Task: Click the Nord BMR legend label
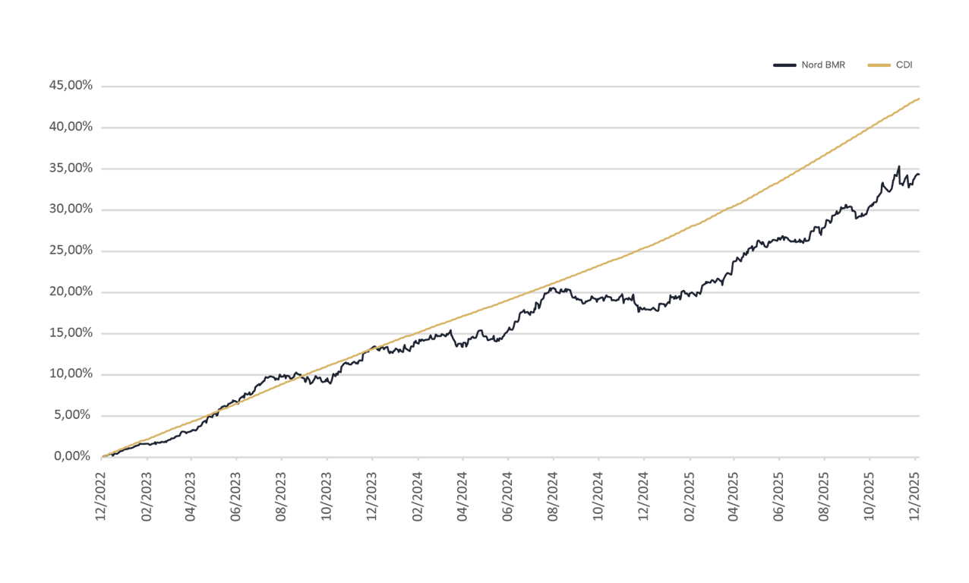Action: (823, 65)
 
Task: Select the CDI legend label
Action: (904, 65)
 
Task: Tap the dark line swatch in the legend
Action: (784, 65)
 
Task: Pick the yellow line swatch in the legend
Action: (879, 65)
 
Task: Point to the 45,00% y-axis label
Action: (70, 86)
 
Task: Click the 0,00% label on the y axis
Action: (73, 456)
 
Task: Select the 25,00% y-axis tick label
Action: (70, 251)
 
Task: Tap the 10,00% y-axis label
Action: (70, 374)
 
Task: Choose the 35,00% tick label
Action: (70, 169)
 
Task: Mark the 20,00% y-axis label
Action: (70, 291)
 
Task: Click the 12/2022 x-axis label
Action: (100, 494)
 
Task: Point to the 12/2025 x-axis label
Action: (915, 494)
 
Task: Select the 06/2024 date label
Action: (507, 494)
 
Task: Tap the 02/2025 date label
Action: (689, 494)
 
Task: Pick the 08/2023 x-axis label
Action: (282, 494)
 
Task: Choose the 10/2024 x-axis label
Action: (598, 494)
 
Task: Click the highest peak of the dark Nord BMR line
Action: (899, 166)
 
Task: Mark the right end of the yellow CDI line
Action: (920, 98)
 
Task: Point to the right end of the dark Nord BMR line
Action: (919, 175)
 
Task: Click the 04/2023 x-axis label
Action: (191, 494)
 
